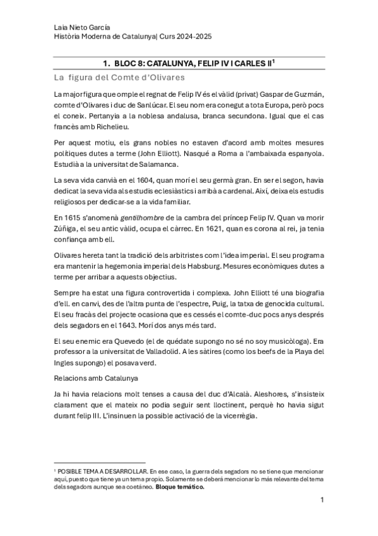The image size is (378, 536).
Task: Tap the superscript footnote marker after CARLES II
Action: [275, 61]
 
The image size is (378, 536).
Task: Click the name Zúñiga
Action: [66, 228]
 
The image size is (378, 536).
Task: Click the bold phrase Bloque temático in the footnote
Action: [179, 487]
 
